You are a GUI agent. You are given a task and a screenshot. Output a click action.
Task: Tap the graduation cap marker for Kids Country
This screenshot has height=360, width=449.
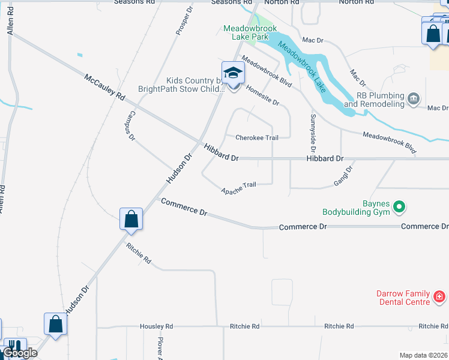(233, 74)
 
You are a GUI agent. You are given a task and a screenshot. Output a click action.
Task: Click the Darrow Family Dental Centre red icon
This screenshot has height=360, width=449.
(439, 296)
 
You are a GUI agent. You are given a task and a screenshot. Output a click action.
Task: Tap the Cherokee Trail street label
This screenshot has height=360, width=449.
(257, 137)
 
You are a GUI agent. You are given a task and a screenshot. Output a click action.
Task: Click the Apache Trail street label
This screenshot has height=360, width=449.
(238, 188)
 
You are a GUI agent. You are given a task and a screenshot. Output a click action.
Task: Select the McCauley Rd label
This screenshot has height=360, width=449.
(104, 88)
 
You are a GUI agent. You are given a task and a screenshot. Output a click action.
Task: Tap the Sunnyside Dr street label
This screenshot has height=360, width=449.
(313, 132)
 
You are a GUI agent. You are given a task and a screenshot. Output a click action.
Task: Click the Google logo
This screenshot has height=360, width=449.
(19, 353)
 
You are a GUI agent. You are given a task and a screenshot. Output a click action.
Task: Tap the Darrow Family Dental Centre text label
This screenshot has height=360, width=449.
(404, 298)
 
